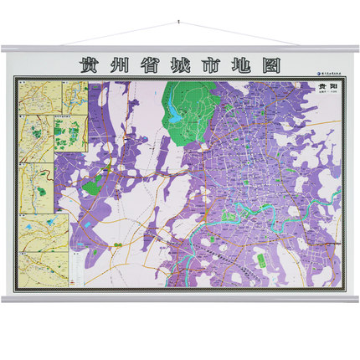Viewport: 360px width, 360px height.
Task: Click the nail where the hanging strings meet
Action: (x=179, y=23)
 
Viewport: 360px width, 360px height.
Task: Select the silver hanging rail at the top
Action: (x=179, y=49)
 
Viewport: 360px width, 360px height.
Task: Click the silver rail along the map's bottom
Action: (x=179, y=298)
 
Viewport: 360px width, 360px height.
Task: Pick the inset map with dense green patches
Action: (x=70, y=134)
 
